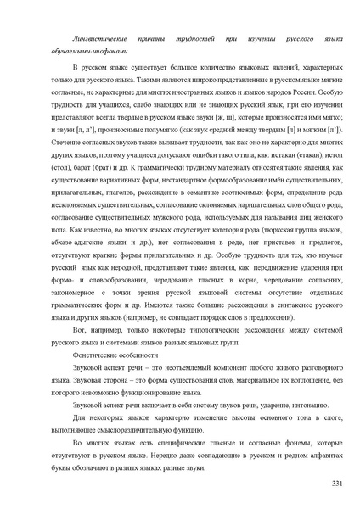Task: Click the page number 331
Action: click(336, 482)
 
